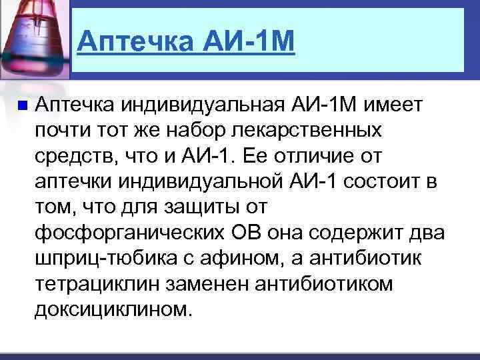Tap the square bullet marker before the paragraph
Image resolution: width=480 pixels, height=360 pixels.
pos(21,105)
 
